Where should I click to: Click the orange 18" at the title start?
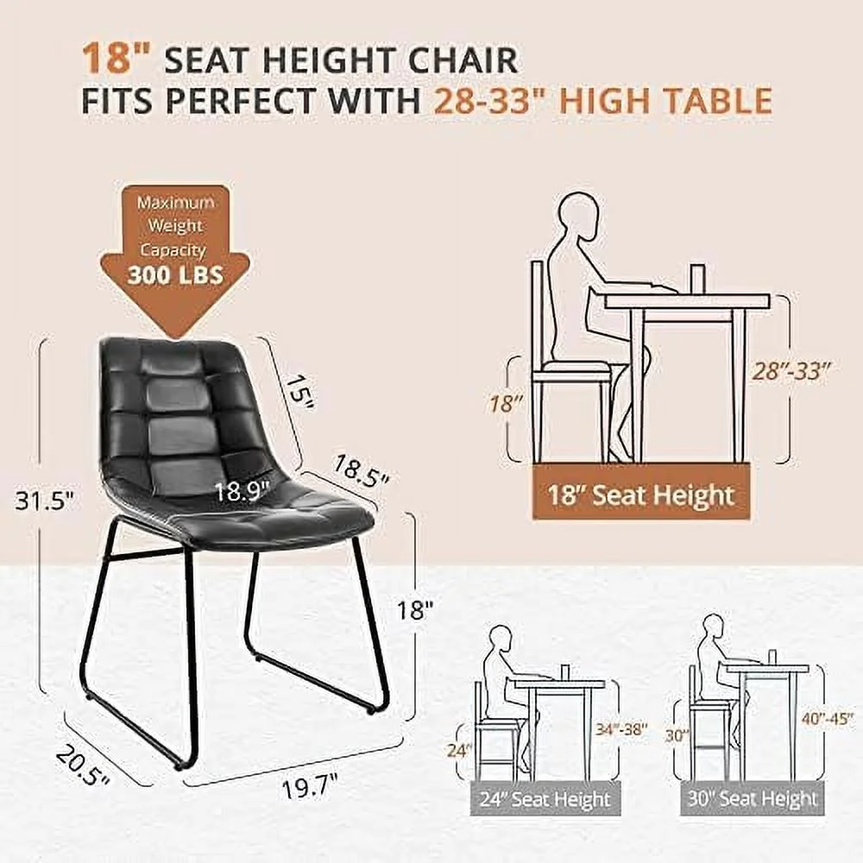click(x=107, y=60)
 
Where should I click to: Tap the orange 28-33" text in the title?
click(x=488, y=102)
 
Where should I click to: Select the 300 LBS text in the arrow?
click(x=174, y=274)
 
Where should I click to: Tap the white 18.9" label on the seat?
click(x=241, y=493)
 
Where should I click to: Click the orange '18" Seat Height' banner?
click(x=640, y=495)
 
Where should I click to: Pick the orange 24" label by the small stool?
click(x=460, y=750)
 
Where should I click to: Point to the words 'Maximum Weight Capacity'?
click(x=174, y=226)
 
